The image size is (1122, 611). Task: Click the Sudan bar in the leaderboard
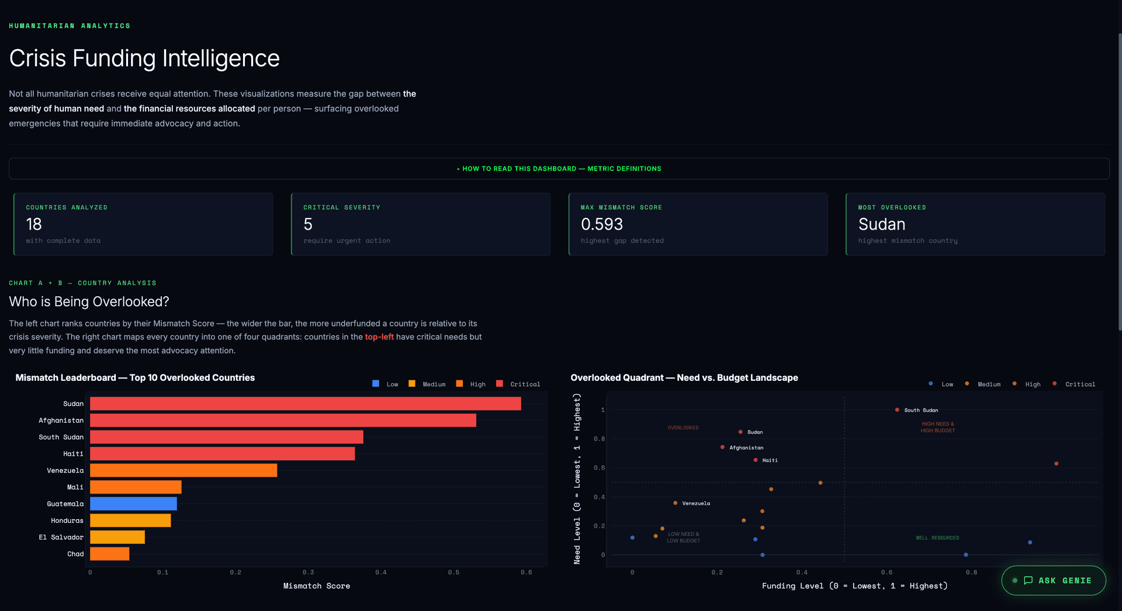[305, 404]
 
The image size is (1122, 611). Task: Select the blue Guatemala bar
[133, 504]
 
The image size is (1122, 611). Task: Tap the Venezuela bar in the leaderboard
[183, 470]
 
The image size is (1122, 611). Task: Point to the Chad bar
[109, 554]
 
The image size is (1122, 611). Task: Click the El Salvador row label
[61, 537]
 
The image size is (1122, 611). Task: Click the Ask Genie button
[1054, 580]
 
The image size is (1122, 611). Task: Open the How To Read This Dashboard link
[559, 169]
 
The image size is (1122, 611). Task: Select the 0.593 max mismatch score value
[601, 224]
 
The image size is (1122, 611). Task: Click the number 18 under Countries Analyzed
[34, 224]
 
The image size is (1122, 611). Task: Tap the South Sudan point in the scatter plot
[897, 410]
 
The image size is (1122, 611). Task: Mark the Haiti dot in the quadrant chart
[756, 460]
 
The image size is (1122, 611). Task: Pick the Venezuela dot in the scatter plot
[676, 503]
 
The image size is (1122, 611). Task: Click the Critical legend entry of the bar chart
[518, 384]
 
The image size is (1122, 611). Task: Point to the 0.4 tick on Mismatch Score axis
[381, 572]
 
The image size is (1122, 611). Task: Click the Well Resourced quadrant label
[937, 538]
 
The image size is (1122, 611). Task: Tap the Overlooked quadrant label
[683, 428]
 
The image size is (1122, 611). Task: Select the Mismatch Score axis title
[317, 586]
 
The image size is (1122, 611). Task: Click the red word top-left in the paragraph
[379, 337]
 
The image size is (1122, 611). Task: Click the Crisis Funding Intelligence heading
[144, 58]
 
